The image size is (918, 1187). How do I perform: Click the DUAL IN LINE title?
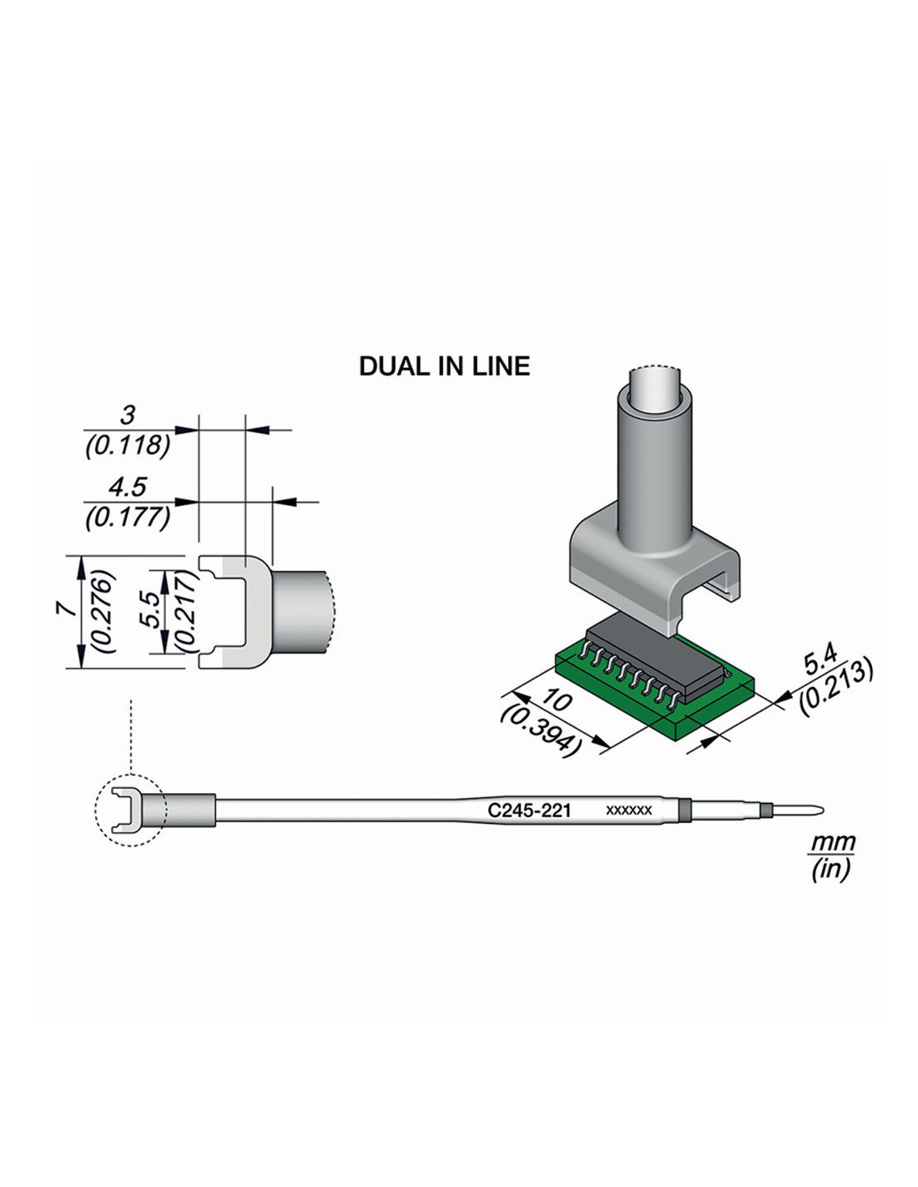(x=444, y=366)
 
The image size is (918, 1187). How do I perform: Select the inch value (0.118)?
(x=128, y=446)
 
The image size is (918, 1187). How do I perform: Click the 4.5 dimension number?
(x=128, y=487)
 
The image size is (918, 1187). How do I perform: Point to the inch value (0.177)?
(x=128, y=518)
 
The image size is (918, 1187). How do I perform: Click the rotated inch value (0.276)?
(x=104, y=611)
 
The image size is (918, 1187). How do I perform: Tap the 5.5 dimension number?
(x=152, y=610)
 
